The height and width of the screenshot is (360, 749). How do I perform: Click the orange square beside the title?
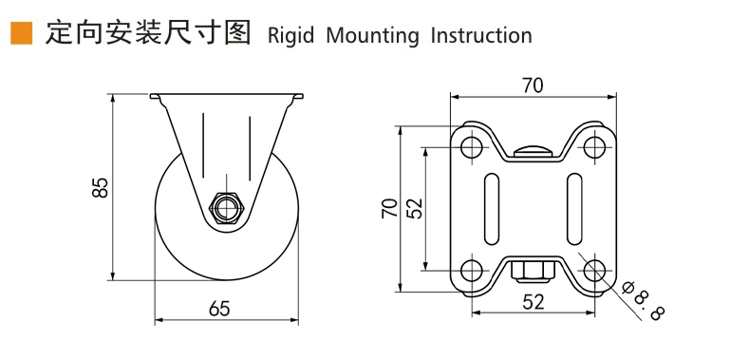click(x=21, y=33)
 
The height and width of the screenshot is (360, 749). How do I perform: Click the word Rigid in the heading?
click(x=290, y=36)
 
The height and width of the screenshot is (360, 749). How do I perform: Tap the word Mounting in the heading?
click(x=372, y=36)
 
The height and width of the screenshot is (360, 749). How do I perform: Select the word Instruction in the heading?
click(x=481, y=36)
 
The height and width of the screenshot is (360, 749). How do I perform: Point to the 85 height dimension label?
click(x=102, y=187)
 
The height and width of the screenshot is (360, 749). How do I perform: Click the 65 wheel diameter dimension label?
click(x=219, y=309)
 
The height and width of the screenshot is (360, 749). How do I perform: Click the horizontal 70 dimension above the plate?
click(x=533, y=85)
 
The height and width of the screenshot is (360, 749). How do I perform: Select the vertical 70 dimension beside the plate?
click(x=390, y=208)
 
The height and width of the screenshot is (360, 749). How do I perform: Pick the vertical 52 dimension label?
click(x=416, y=208)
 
